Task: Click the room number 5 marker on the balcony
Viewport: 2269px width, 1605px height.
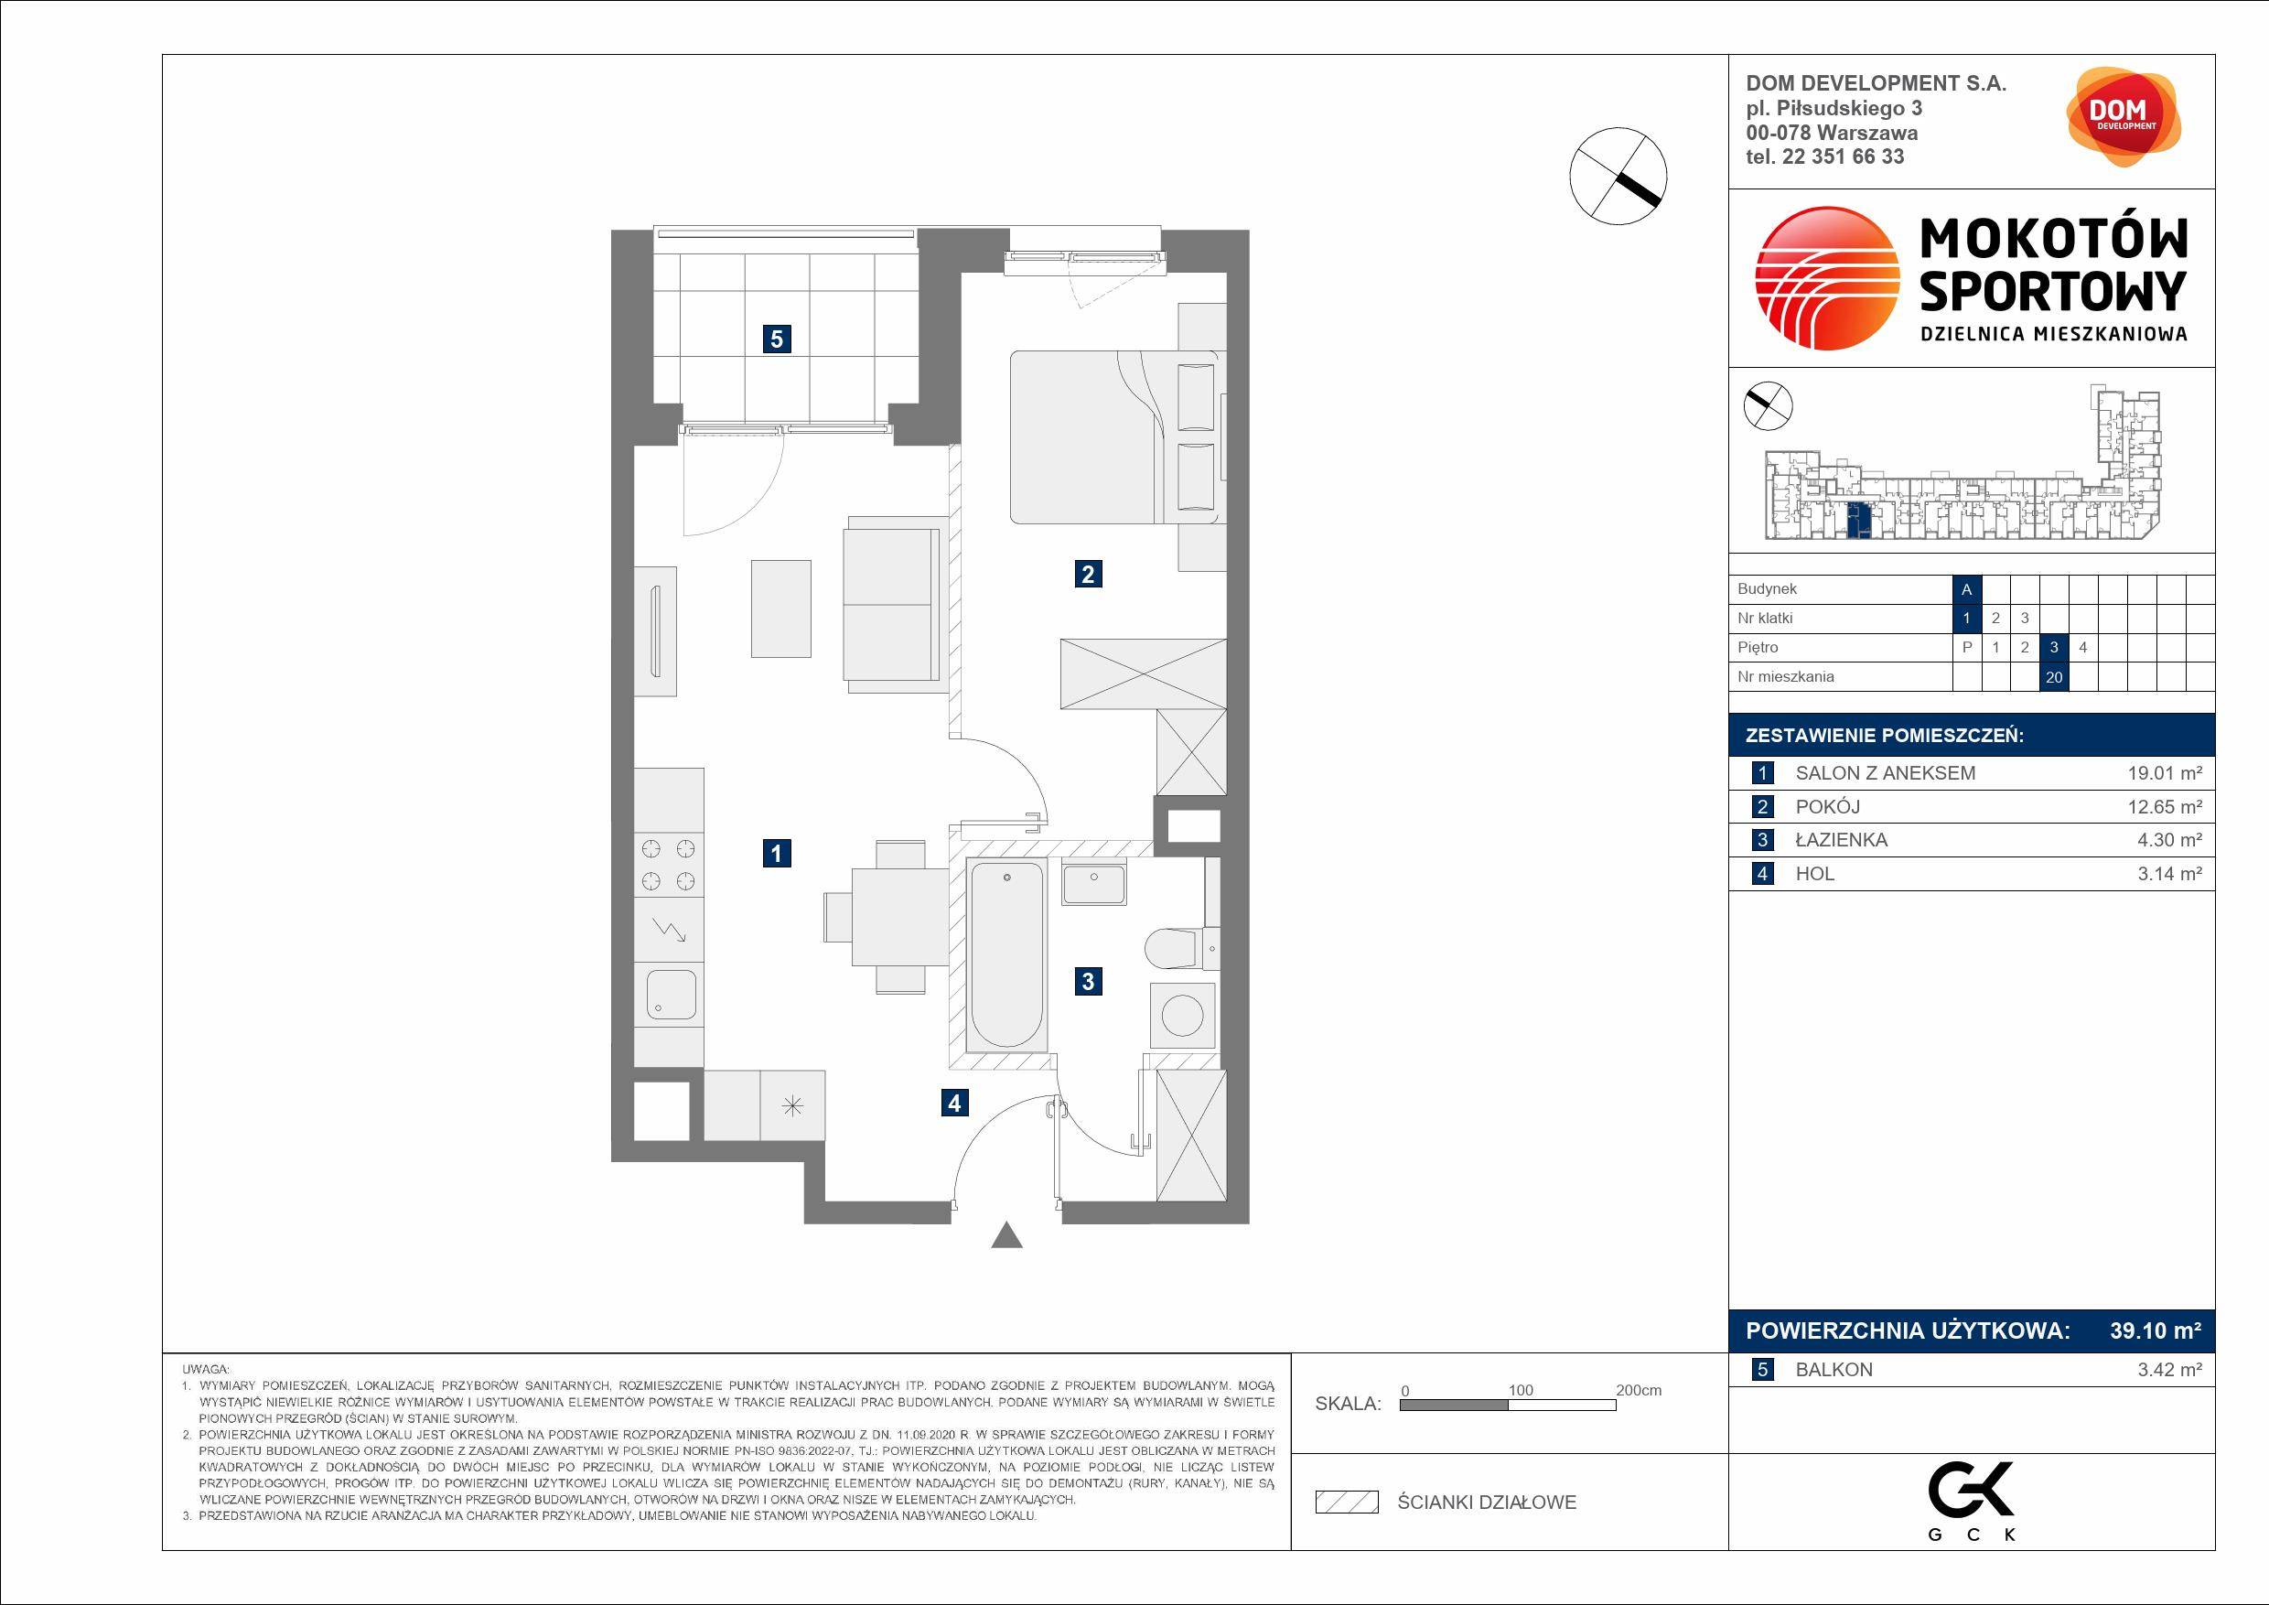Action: [777, 339]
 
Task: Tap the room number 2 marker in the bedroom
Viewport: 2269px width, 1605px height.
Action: [1088, 573]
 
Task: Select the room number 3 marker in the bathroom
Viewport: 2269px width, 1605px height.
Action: [1088, 981]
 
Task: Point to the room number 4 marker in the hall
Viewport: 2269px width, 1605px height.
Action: [953, 1102]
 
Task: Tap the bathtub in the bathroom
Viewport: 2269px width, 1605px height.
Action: [1007, 953]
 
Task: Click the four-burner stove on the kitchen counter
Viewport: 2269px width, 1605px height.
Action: [669, 865]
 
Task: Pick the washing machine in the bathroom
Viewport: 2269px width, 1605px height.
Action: [1183, 1015]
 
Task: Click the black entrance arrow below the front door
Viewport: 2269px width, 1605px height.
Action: [1007, 1235]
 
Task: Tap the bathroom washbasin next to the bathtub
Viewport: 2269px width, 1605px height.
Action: [1094, 882]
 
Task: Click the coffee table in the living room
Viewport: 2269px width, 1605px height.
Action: [780, 609]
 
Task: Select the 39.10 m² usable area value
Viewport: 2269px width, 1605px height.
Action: [2156, 1330]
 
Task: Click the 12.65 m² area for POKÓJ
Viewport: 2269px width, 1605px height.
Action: [2165, 806]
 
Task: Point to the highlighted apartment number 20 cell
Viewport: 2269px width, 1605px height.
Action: [2055, 677]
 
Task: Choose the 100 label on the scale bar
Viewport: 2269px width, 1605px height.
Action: [1521, 1390]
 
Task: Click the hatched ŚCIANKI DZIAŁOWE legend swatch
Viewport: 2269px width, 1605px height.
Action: [1347, 1503]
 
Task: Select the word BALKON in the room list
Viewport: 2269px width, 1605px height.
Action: [1834, 1370]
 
